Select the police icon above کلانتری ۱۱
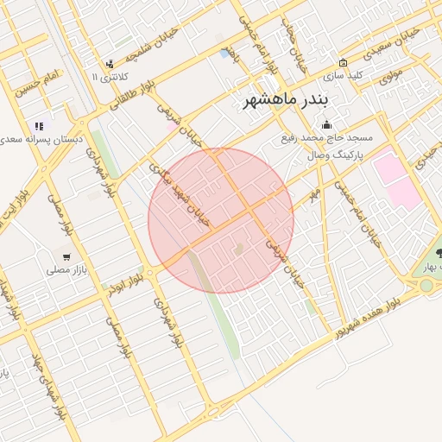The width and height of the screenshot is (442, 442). point(109,64)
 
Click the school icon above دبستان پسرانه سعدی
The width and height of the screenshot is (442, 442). point(39,126)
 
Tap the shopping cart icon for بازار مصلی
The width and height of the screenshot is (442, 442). point(66,256)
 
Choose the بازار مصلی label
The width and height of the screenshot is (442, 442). point(66,269)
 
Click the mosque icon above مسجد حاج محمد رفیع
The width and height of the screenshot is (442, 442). point(325,124)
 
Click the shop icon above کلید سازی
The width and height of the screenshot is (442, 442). point(343,62)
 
